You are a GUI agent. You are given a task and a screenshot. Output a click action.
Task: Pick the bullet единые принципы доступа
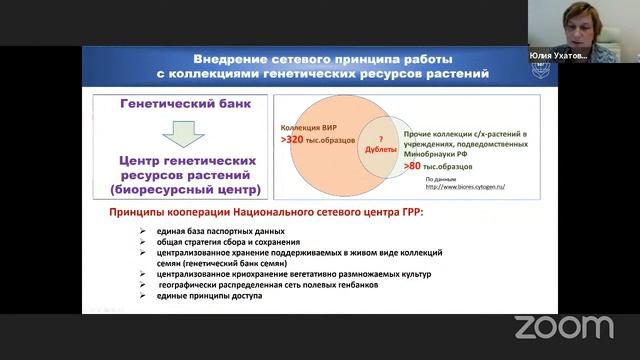click(x=207, y=296)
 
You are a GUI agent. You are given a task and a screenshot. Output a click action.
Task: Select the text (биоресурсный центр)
click(x=190, y=187)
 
